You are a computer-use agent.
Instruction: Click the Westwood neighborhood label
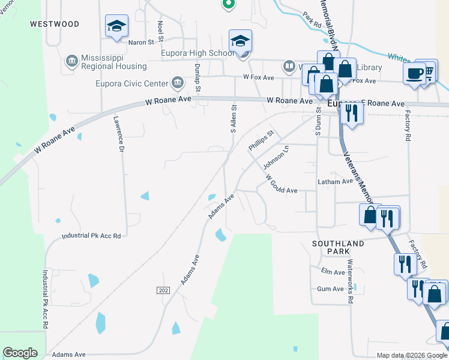pyautogui.click(x=54, y=24)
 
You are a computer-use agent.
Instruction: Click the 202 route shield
pyautogui.click(x=163, y=290)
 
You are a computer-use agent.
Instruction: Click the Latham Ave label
pyautogui.click(x=335, y=182)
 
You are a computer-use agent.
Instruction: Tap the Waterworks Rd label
pyautogui.click(x=350, y=281)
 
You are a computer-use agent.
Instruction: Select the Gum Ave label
pyautogui.click(x=330, y=289)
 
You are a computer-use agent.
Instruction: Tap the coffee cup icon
pyautogui.click(x=414, y=73)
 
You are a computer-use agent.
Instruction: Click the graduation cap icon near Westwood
pyautogui.click(x=116, y=26)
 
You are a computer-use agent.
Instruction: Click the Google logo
pyautogui.click(x=20, y=353)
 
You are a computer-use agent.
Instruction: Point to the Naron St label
pyautogui.click(x=137, y=42)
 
